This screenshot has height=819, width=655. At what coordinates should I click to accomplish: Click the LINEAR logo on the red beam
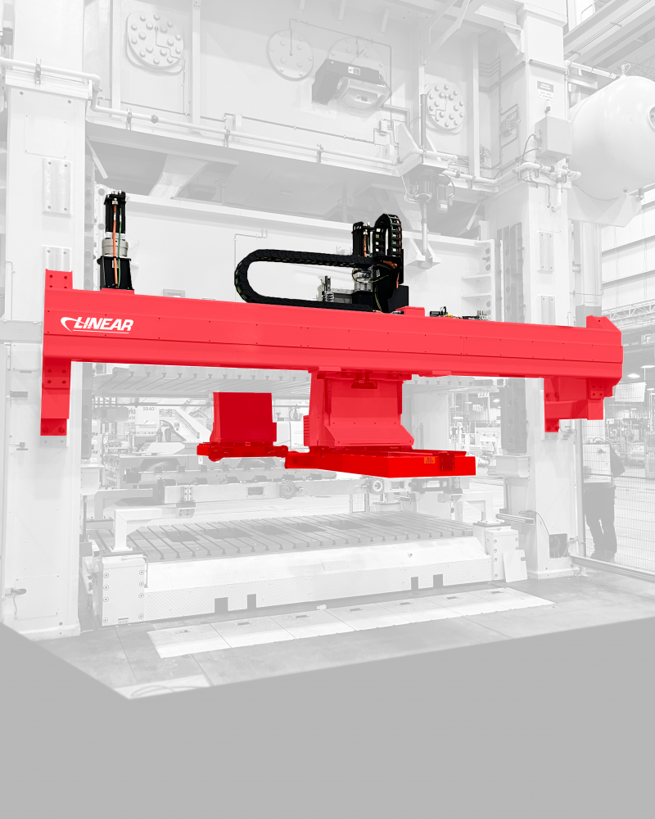(x=97, y=325)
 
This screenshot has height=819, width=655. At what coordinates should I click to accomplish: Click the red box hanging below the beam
(x=244, y=419)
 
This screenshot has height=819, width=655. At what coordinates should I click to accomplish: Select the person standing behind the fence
(x=600, y=500)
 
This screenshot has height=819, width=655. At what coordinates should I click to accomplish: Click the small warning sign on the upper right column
(x=543, y=87)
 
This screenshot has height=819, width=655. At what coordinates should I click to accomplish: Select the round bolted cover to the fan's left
(x=290, y=55)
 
